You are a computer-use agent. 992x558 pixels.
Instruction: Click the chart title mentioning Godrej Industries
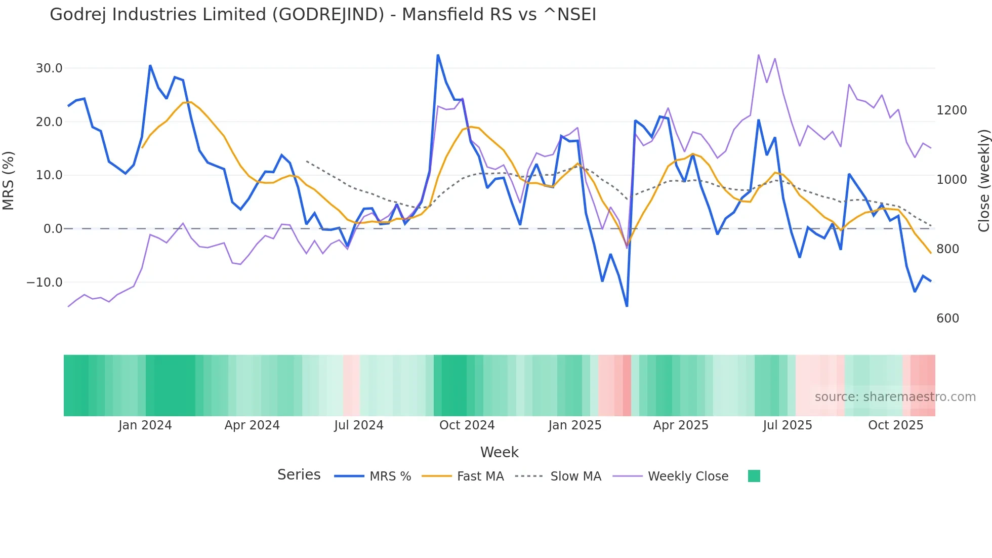[323, 14]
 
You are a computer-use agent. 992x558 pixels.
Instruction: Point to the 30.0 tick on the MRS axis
[49, 68]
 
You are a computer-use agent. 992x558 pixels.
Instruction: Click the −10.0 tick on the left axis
[45, 283]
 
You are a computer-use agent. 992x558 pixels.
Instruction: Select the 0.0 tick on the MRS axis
[53, 229]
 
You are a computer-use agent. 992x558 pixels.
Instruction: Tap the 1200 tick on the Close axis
[952, 110]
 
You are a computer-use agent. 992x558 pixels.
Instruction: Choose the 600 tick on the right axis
[947, 318]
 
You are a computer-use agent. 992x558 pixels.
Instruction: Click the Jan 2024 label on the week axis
[145, 425]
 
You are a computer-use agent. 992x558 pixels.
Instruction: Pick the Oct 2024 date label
[467, 425]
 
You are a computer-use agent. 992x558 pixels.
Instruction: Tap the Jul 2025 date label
[788, 425]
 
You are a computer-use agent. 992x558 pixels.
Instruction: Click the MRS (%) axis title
[9, 181]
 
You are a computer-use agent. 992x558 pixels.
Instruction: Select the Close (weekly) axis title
[983, 181]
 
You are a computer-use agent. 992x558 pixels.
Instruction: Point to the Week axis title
[499, 452]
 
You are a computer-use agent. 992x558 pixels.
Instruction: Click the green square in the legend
[754, 476]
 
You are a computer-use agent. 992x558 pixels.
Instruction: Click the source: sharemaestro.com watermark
[895, 397]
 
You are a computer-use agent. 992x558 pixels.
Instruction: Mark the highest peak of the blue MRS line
[438, 55]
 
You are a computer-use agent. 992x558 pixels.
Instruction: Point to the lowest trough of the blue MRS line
[627, 306]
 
